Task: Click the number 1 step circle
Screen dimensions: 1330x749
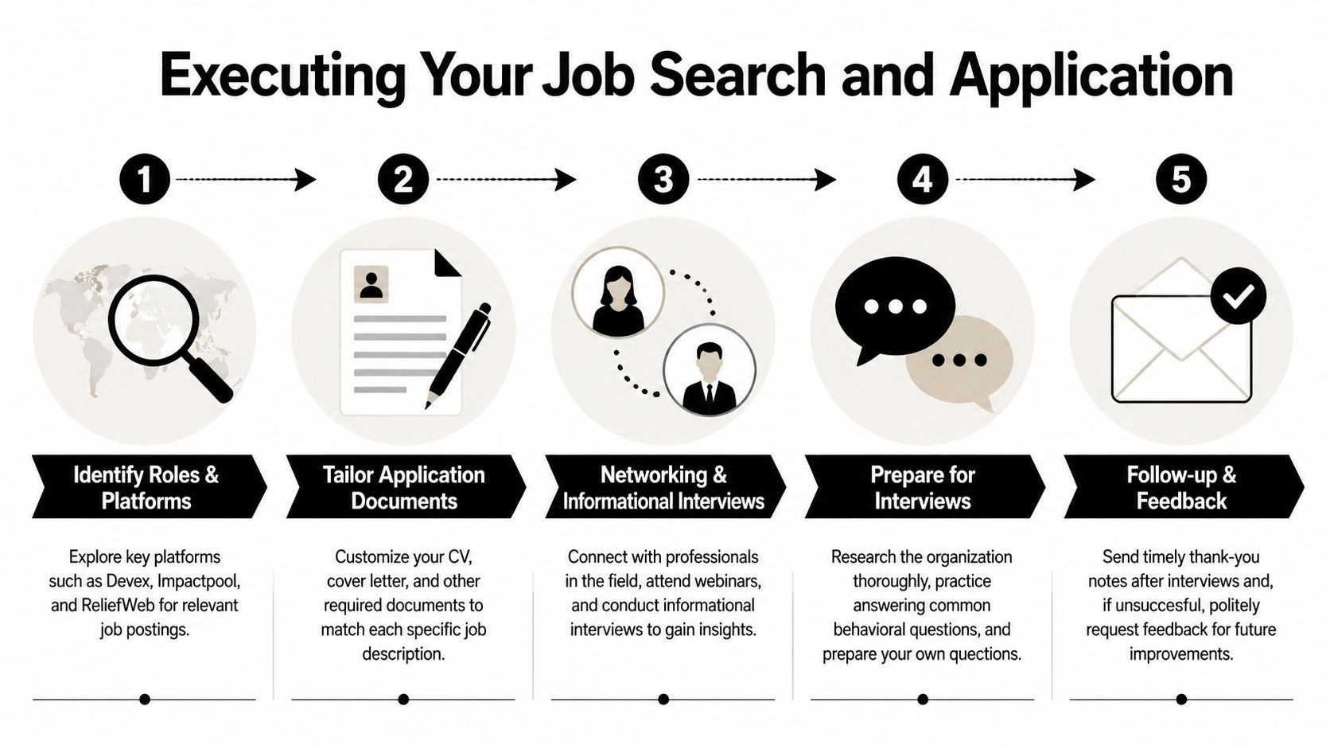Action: coord(144,179)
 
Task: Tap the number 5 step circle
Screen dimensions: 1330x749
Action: coord(1181,179)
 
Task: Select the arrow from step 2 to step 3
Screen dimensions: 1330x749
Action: coord(506,179)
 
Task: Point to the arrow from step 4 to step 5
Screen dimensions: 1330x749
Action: coord(1025,179)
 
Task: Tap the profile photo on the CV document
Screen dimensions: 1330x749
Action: coord(371,284)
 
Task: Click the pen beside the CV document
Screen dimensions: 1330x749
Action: coord(457,356)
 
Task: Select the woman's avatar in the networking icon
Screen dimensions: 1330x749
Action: coord(617,293)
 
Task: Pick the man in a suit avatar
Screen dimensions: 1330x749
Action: coord(709,369)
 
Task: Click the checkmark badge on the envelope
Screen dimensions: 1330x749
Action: coord(1238,296)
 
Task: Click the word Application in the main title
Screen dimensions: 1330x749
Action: coord(1091,76)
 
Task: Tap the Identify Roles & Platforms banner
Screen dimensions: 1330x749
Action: coord(149,486)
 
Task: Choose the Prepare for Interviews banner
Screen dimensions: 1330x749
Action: coord(924,486)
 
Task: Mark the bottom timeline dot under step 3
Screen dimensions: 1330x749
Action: coord(663,699)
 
